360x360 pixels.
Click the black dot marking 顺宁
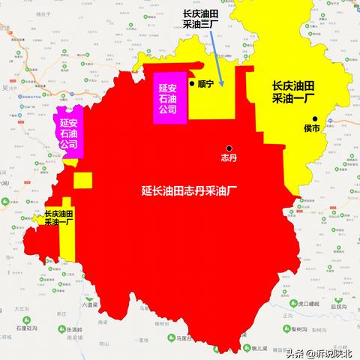coord(192,84)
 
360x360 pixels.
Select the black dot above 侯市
coord(316,118)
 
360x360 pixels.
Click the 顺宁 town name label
coord(206,84)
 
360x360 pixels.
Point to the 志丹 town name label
coord(229,159)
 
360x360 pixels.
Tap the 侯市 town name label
coord(312,130)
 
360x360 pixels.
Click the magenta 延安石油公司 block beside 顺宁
coord(168,98)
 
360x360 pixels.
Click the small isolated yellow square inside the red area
coord(82,181)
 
